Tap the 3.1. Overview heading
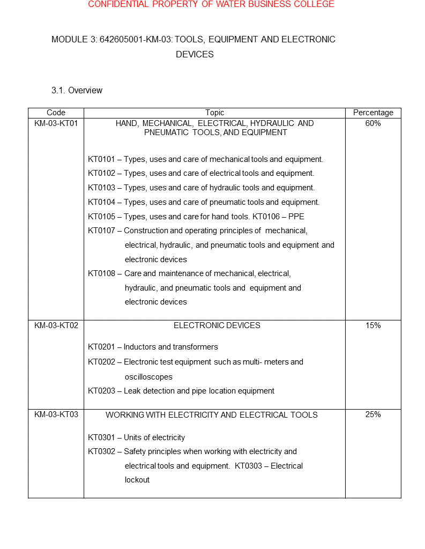tap(77, 91)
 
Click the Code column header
tap(56, 113)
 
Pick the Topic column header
tap(214, 113)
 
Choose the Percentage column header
tap(373, 113)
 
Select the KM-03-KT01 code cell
tap(56, 123)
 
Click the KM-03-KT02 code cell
tap(56, 325)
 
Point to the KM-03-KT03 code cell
tap(56, 414)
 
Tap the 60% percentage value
tap(373, 123)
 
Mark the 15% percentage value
tap(373, 325)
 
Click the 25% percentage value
tap(373, 414)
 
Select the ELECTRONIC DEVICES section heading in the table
tap(217, 325)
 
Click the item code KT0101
tap(101, 159)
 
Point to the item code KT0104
tap(101, 202)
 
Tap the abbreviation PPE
tap(296, 217)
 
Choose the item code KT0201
tap(101, 347)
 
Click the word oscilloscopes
tap(148, 377)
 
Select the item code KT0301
tap(101, 437)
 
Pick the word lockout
tap(137, 480)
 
